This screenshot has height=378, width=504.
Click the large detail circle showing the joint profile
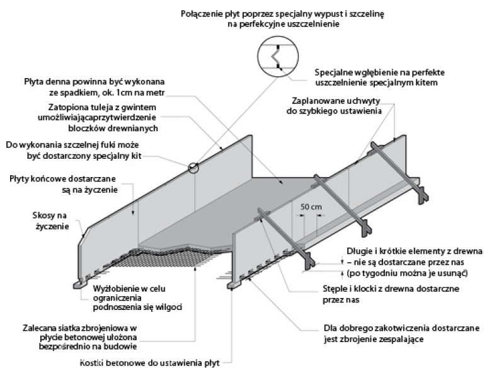point(275,57)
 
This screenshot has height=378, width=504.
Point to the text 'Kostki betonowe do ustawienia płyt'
point(156,364)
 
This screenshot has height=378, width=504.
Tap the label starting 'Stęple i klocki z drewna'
point(398,294)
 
